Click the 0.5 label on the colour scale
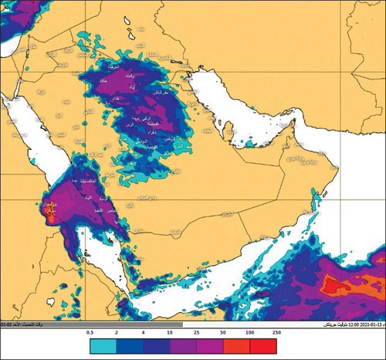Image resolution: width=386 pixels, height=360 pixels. click(90, 332)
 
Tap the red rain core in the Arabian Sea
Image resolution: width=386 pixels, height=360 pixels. click(337, 287)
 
